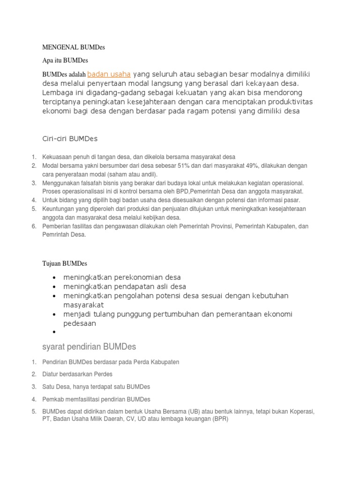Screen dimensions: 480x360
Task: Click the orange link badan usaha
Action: pos(109,74)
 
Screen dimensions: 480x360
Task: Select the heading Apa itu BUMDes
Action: pos(65,60)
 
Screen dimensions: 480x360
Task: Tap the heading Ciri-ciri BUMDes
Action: pos(70,139)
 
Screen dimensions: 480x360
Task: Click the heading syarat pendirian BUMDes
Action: pos(89,347)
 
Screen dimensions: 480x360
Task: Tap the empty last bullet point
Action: pos(55,332)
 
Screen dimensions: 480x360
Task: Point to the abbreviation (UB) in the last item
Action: pos(193,412)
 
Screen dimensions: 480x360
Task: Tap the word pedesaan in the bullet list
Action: pos(80,323)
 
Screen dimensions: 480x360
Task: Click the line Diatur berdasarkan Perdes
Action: pos(77,375)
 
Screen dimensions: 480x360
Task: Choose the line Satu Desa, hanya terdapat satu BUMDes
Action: pos(96,387)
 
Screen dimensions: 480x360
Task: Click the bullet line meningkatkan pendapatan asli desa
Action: pos(125,286)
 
